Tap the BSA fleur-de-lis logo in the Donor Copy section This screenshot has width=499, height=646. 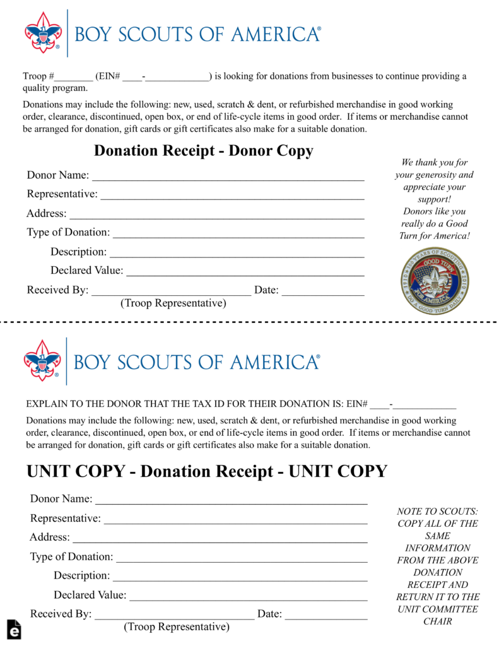[x=43, y=33]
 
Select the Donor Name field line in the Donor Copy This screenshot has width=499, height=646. [x=228, y=179]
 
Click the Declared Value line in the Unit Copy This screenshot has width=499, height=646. [x=248, y=599]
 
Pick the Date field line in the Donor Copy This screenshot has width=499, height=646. [x=323, y=295]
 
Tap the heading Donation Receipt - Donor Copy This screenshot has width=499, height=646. [x=203, y=151]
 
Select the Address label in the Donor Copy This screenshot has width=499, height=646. [x=46, y=213]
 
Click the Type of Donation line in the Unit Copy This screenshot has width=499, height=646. [x=242, y=561]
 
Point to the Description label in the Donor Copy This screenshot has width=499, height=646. [x=78, y=252]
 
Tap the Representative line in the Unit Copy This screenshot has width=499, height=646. [x=235, y=523]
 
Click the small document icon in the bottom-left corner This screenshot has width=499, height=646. [x=15, y=630]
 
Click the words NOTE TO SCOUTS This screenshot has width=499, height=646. [x=437, y=512]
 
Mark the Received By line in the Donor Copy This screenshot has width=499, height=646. [x=171, y=295]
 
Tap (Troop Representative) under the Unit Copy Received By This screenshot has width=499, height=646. [x=177, y=627]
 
